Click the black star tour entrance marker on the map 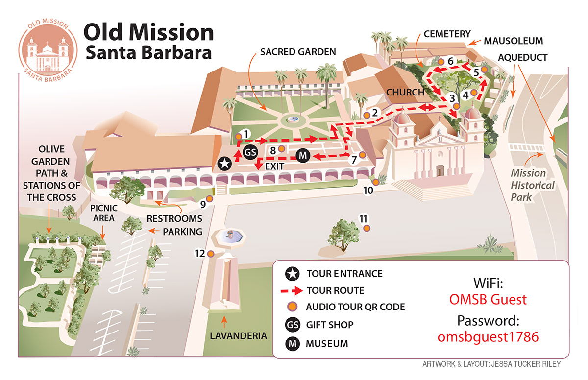tap(224, 164)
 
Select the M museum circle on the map tap(303, 156)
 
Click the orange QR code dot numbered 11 tap(367, 228)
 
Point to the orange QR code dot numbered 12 tap(211, 254)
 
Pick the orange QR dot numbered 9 tap(209, 199)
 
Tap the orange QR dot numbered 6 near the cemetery tap(441, 62)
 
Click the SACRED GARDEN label tap(298, 51)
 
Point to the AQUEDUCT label tap(522, 57)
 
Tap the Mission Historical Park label tap(533, 185)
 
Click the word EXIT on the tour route tap(275, 167)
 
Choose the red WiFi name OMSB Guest tap(488, 299)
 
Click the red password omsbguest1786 tap(488, 337)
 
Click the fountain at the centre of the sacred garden tap(293, 119)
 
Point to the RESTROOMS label tap(174, 218)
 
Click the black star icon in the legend tap(293, 273)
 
